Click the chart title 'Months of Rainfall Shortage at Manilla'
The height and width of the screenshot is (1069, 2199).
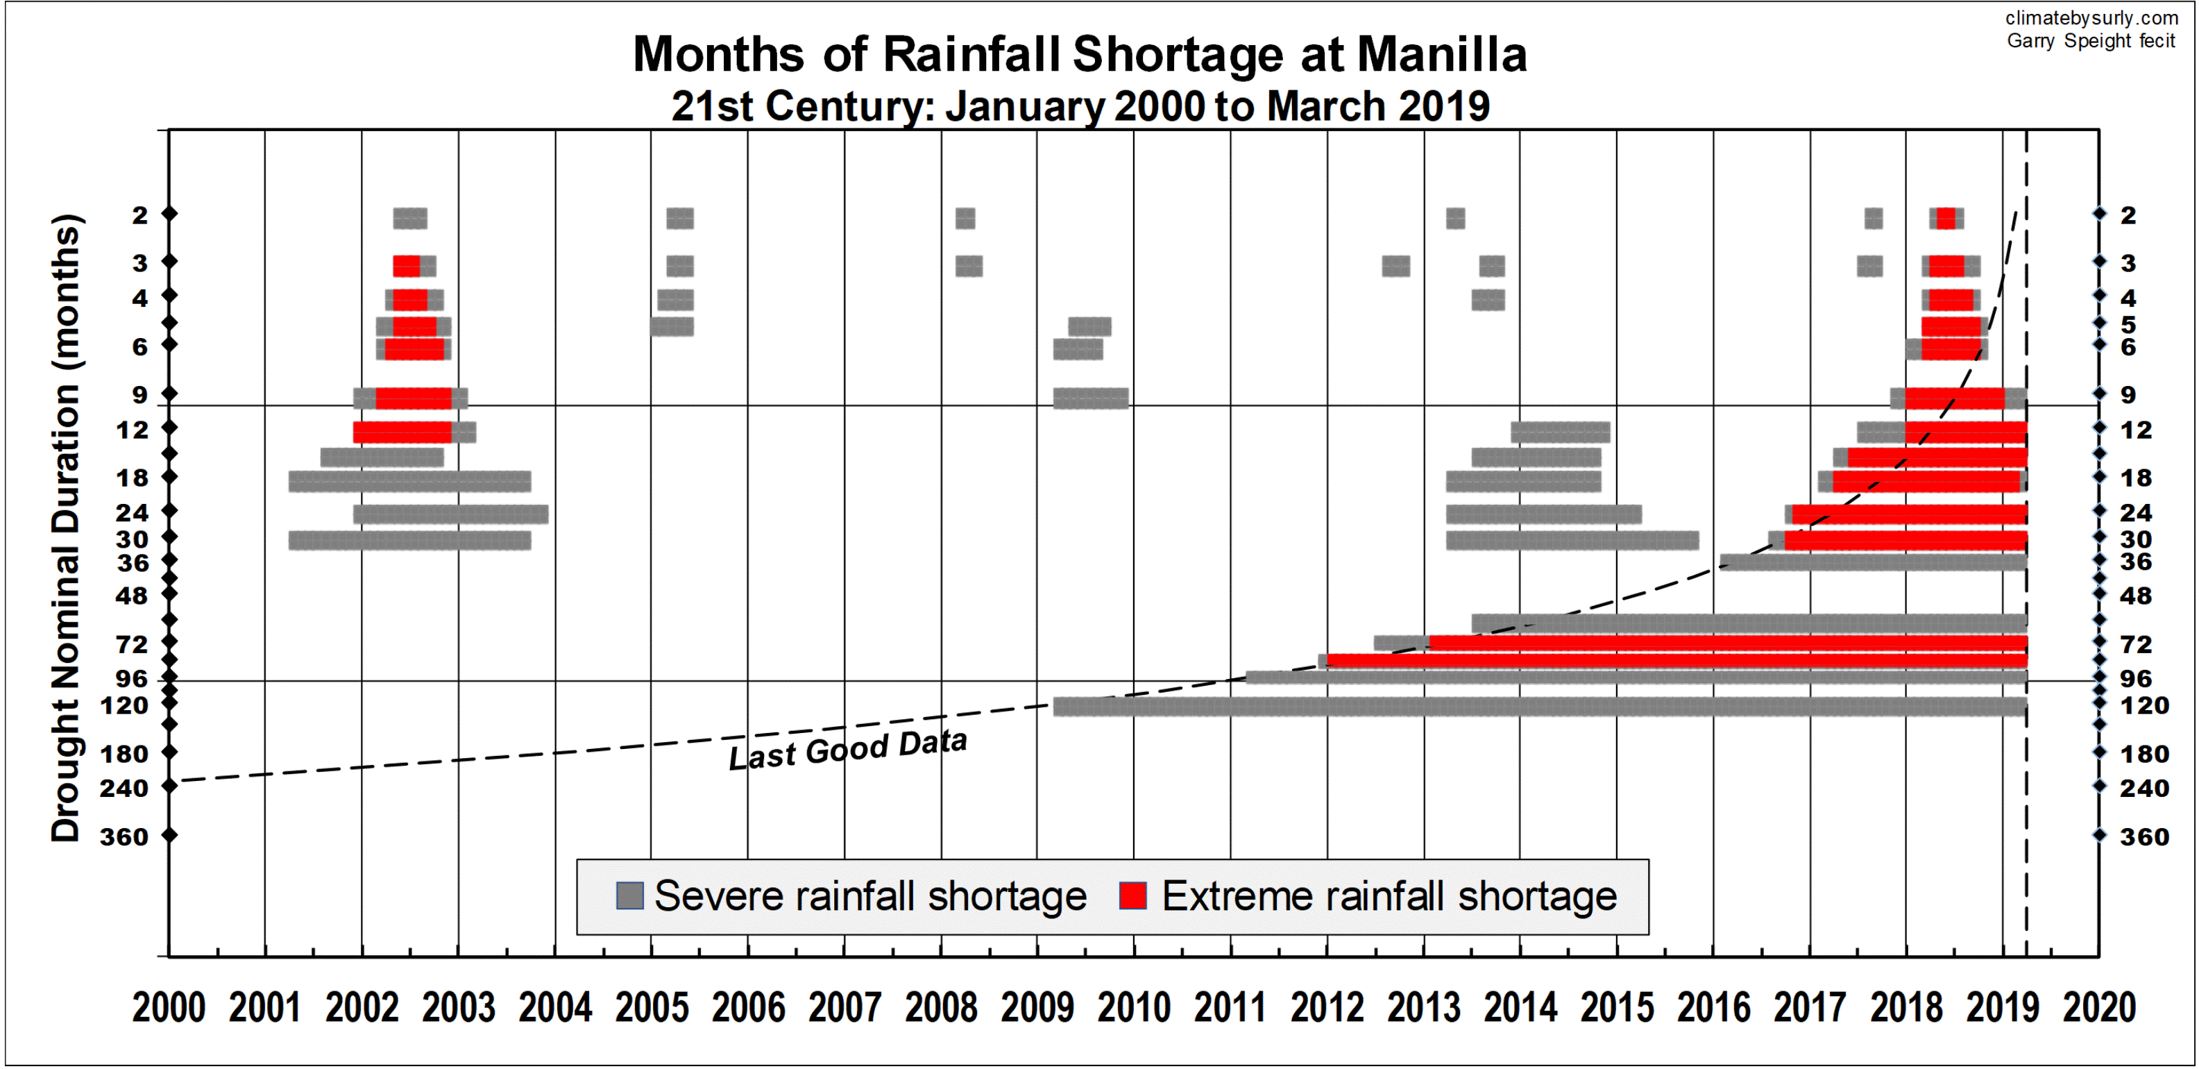tap(1079, 55)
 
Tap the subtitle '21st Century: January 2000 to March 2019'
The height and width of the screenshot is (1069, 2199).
tap(1079, 107)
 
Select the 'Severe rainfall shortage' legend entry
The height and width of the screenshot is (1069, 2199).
tap(854, 897)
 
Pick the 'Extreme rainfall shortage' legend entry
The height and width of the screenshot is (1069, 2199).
tap(1369, 897)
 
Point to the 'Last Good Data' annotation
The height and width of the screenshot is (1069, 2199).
tap(848, 750)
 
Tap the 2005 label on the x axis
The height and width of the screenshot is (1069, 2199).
tap(652, 1007)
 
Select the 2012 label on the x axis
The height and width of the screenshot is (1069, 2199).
tap(1327, 1007)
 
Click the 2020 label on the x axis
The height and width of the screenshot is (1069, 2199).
tap(2099, 1007)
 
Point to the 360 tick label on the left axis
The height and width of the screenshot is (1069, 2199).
tap(124, 836)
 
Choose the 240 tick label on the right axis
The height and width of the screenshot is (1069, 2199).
tap(2143, 788)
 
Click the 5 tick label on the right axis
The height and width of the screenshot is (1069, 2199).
tap(2129, 324)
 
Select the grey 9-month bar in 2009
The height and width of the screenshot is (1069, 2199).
tap(1090, 398)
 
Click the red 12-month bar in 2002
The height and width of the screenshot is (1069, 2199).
tap(402, 432)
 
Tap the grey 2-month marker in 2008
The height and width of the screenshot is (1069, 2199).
tap(965, 219)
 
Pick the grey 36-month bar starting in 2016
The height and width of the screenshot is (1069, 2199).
tap(1873, 562)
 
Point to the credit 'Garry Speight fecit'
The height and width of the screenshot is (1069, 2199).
tap(2091, 41)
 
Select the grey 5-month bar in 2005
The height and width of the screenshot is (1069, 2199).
tap(672, 326)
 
